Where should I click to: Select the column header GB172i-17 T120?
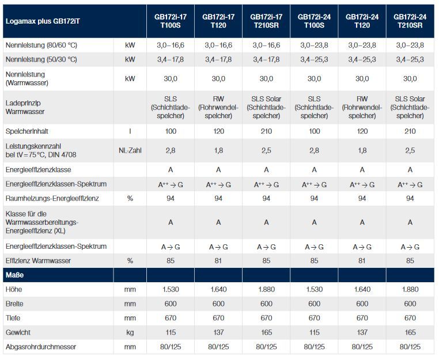coord(218,21)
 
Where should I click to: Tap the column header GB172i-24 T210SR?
coord(410,21)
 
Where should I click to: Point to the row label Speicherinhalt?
coord(29,131)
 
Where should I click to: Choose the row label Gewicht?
coord(18,332)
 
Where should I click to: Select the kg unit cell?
coord(130,332)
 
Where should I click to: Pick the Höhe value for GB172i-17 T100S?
coord(170,289)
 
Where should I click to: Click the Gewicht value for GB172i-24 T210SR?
coord(410,332)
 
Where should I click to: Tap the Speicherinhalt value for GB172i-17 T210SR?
coord(266,131)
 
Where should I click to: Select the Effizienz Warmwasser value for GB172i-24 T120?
coord(362,260)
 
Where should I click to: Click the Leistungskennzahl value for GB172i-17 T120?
coord(218,151)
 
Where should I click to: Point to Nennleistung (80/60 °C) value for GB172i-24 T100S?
coord(314,45)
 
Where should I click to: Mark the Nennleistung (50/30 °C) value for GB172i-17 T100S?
coord(170,59)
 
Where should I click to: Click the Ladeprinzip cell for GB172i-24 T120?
coord(362,107)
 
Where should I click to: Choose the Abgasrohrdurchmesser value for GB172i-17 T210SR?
coord(266,347)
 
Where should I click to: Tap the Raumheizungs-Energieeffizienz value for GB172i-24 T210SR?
coord(410,198)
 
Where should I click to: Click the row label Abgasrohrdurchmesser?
coord(40,347)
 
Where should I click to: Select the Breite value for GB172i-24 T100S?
coord(314,304)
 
